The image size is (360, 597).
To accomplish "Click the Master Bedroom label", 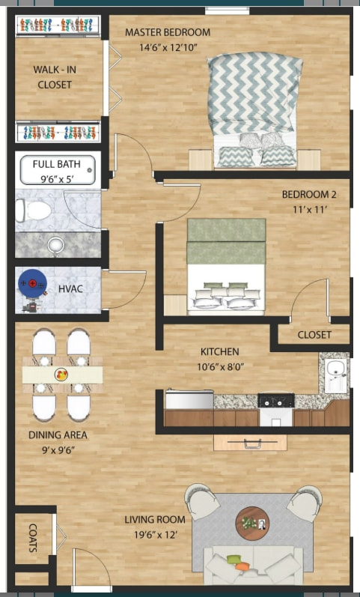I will (x=168, y=33).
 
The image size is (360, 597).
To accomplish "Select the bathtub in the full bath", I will (x=58, y=170).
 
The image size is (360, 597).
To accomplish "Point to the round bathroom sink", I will (x=56, y=244).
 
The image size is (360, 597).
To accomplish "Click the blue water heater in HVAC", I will (x=31, y=285).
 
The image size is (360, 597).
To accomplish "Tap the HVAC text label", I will (x=70, y=288).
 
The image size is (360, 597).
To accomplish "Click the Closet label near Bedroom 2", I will (x=314, y=335).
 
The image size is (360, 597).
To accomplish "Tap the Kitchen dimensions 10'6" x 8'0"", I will (x=220, y=368).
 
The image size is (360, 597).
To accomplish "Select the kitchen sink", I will (x=335, y=369).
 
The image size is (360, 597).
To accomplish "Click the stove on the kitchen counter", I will (x=275, y=400).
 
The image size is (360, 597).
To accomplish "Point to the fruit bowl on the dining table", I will (x=61, y=373).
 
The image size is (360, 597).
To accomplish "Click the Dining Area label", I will (x=58, y=435).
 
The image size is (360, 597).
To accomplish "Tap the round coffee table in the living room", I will (x=253, y=522).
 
